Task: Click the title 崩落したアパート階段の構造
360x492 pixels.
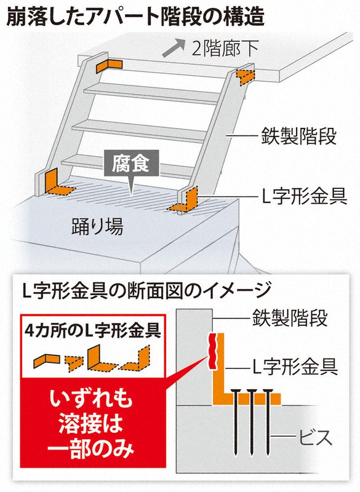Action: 135,17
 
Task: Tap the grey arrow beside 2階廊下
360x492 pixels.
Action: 173,48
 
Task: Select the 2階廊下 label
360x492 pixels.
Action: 225,49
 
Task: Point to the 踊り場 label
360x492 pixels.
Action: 97,226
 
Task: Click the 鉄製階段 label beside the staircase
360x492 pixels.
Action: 298,136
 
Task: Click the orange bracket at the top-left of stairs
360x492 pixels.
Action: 108,66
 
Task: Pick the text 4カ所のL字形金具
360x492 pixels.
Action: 92,330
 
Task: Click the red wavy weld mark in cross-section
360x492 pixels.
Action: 214,351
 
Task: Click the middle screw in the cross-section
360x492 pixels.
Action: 252,422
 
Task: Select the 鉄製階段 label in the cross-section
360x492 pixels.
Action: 290,318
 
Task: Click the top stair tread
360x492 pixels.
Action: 152,93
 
